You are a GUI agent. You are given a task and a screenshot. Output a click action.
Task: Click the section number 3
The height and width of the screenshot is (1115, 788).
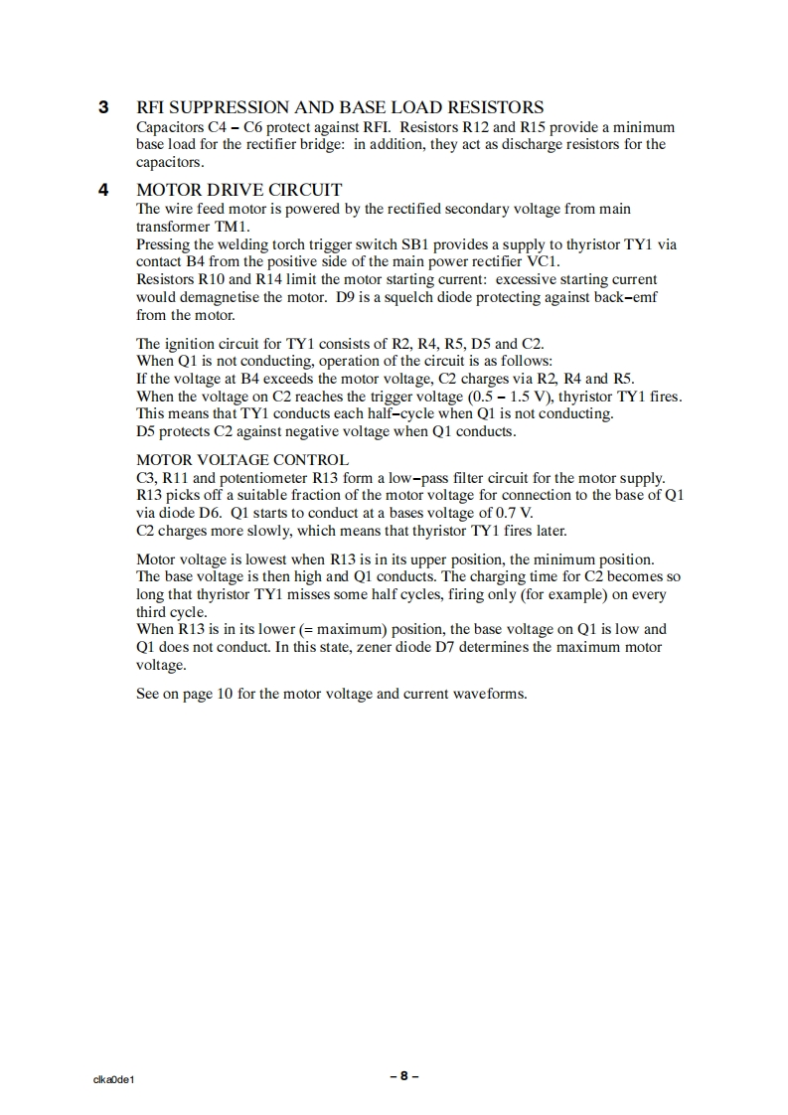pos(102,107)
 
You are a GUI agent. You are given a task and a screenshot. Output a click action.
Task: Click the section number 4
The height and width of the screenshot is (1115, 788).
pos(102,190)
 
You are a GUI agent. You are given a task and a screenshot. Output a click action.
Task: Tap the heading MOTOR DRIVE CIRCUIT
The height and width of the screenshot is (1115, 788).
pos(238,190)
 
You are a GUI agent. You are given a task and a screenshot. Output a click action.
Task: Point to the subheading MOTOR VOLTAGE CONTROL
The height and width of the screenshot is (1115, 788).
pos(241,460)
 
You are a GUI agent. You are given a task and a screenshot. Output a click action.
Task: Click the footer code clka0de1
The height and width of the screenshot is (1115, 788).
pos(113,1079)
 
